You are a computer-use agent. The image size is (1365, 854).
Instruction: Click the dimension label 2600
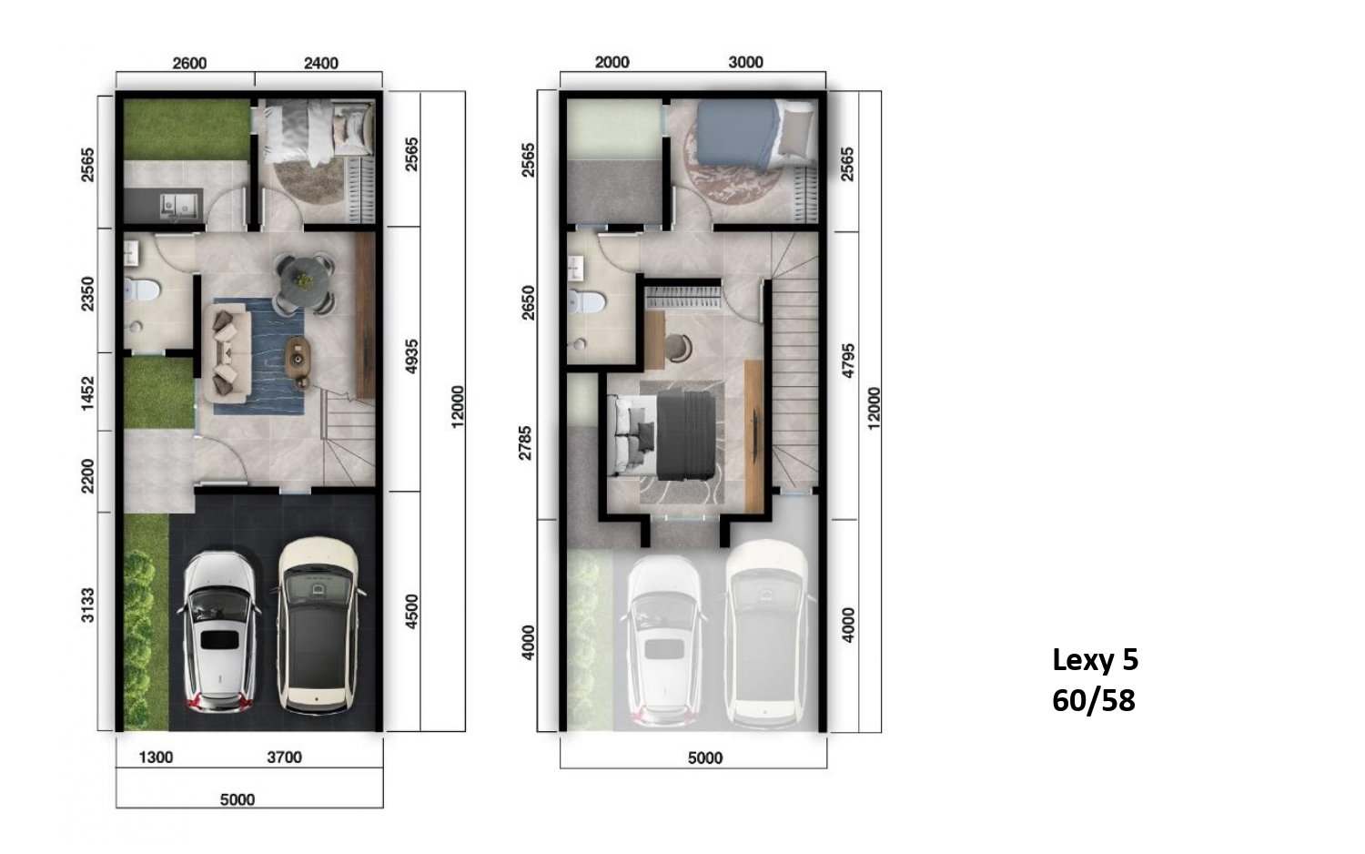pyautogui.click(x=189, y=64)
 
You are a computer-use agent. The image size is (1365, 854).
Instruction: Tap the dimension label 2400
pyautogui.click(x=321, y=64)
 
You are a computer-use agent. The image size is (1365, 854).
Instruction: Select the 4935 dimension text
pyautogui.click(x=412, y=357)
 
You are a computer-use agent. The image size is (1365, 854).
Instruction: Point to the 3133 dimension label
pyautogui.click(x=88, y=605)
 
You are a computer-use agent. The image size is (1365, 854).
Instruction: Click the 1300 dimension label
pyautogui.click(x=156, y=757)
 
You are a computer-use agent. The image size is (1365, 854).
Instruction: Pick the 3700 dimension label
pyautogui.click(x=285, y=757)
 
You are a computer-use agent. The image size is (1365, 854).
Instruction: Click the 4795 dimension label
pyautogui.click(x=848, y=361)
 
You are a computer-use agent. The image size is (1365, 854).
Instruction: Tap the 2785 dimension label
pyautogui.click(x=525, y=443)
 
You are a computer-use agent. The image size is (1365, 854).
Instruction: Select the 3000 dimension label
pyautogui.click(x=746, y=62)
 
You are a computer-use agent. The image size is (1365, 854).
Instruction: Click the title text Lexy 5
pyautogui.click(x=1095, y=660)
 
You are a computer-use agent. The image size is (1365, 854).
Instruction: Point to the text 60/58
pyautogui.click(x=1094, y=701)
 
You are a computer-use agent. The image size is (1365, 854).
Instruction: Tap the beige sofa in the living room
pyautogui.click(x=227, y=354)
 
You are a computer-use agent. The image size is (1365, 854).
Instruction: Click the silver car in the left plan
pyautogui.click(x=219, y=632)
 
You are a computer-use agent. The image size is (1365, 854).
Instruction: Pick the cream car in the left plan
pyautogui.click(x=318, y=625)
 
